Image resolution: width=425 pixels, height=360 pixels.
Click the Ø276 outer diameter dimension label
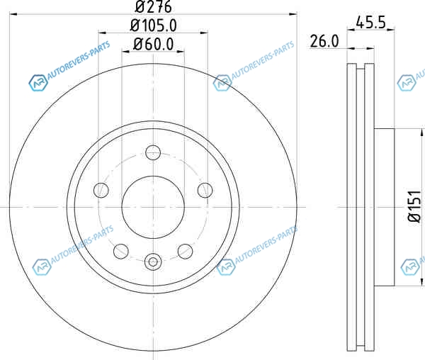pyautogui.click(x=153, y=6)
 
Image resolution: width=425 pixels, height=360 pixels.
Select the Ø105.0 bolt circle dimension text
pyautogui.click(x=154, y=26)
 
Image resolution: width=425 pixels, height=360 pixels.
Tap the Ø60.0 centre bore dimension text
pyautogui.click(x=154, y=44)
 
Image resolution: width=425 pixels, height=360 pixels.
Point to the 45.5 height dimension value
pyautogui.click(x=370, y=23)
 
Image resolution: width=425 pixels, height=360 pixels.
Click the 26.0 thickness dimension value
pyautogui.click(x=324, y=42)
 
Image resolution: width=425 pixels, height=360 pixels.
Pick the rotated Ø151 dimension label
pyautogui.click(x=415, y=206)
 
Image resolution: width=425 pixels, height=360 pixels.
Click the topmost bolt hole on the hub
pyautogui.click(x=153, y=152)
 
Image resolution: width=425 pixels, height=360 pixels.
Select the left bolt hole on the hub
pyautogui.click(x=101, y=190)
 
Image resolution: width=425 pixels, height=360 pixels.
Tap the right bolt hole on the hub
pyautogui.click(x=205, y=190)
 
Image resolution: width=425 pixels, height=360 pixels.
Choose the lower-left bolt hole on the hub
pyautogui.click(x=121, y=252)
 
